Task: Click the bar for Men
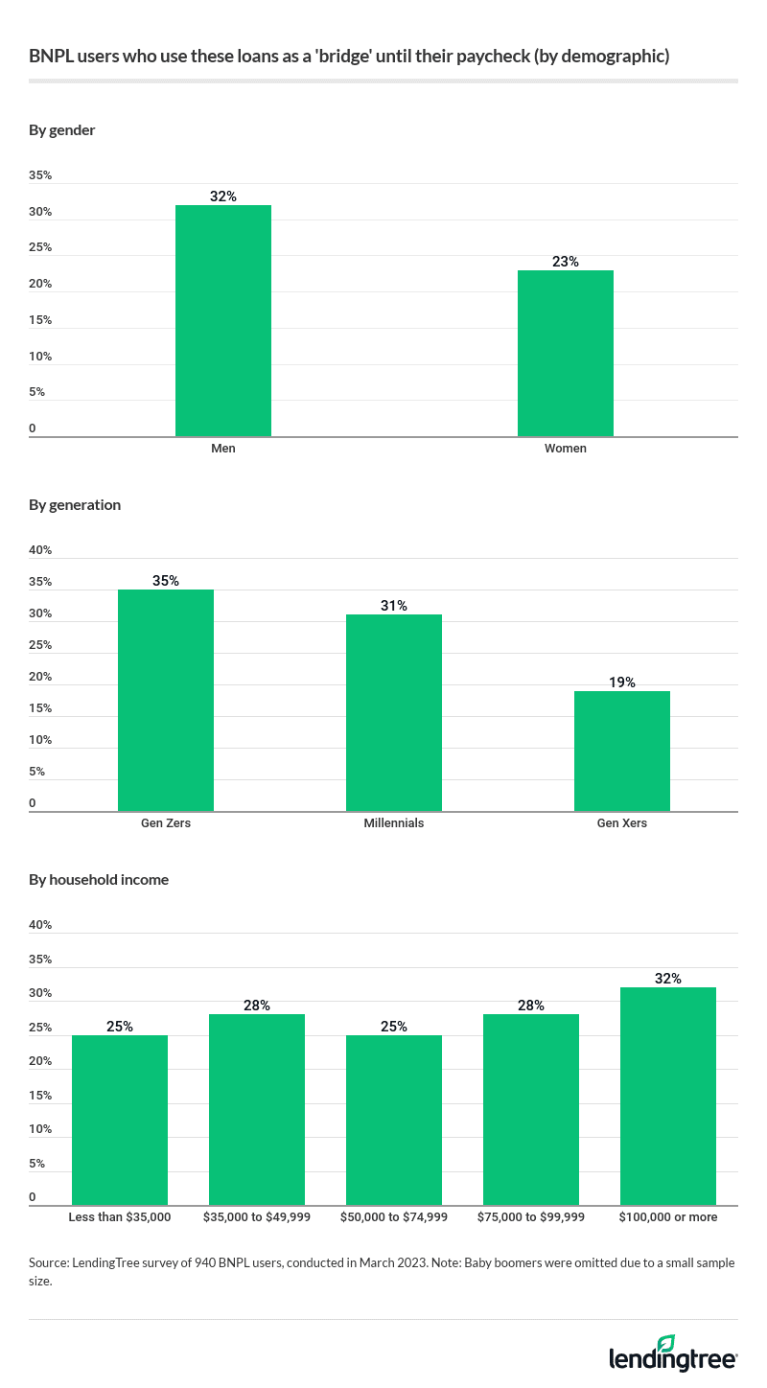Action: click(222, 321)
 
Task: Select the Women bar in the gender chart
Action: click(565, 354)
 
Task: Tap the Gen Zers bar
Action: click(165, 701)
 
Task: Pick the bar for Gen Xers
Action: click(621, 752)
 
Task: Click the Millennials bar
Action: click(393, 713)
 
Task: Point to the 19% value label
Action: click(621, 682)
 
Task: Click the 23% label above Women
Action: click(565, 262)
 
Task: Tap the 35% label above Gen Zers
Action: click(165, 581)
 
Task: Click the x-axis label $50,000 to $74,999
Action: click(394, 1217)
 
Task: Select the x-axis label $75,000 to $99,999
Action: click(530, 1217)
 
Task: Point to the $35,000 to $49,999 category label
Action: click(257, 1217)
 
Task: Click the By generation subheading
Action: click(75, 505)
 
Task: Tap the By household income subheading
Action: click(99, 880)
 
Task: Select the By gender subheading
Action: click(62, 130)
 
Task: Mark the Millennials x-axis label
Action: click(393, 823)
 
